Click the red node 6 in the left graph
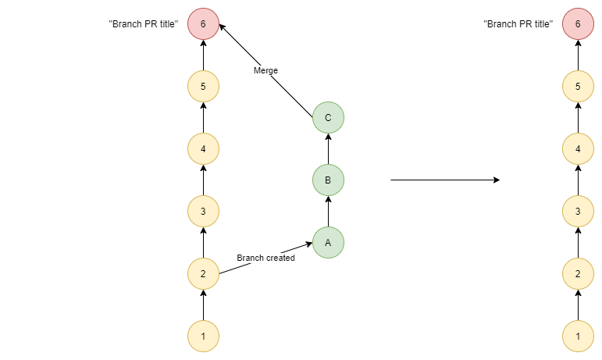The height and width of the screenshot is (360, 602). pyautogui.click(x=203, y=24)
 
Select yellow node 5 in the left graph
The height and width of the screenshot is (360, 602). pyautogui.click(x=203, y=86)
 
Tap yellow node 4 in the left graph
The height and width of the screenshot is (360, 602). pyautogui.click(x=203, y=148)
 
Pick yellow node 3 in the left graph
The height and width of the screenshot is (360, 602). pyautogui.click(x=203, y=211)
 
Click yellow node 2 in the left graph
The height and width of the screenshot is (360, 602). pyautogui.click(x=203, y=273)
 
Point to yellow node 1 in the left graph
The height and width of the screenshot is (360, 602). pyautogui.click(x=203, y=337)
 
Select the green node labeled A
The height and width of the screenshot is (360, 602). pyautogui.click(x=328, y=242)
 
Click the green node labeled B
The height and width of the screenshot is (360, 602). pyautogui.click(x=328, y=180)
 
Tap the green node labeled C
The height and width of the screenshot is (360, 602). pyautogui.click(x=328, y=118)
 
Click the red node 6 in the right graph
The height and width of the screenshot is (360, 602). pyautogui.click(x=578, y=24)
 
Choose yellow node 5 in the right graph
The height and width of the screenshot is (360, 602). pyautogui.click(x=578, y=86)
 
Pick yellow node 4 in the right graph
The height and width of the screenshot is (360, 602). pyautogui.click(x=578, y=148)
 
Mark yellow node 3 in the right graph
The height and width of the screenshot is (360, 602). pyautogui.click(x=578, y=211)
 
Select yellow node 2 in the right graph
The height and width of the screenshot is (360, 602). pyautogui.click(x=578, y=273)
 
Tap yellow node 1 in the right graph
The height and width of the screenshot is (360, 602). pyautogui.click(x=578, y=337)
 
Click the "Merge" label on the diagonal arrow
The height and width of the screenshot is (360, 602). pyautogui.click(x=265, y=71)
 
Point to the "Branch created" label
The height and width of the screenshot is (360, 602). pyautogui.click(x=265, y=258)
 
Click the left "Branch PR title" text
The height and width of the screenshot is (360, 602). pyautogui.click(x=144, y=24)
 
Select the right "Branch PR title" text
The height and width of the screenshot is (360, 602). pyautogui.click(x=518, y=24)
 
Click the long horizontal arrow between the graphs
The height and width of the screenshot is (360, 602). pyautogui.click(x=444, y=180)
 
